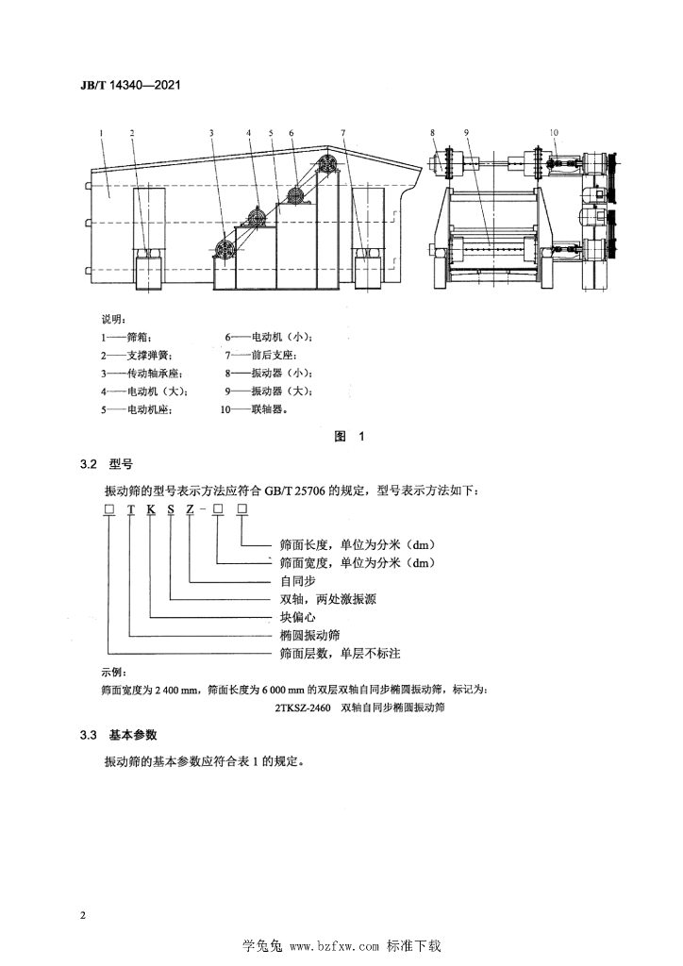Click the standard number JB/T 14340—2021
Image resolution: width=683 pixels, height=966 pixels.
130,84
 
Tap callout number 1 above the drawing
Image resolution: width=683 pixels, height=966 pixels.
101,132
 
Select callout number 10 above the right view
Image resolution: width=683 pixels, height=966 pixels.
554,132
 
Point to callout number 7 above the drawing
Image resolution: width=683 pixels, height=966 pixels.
343,132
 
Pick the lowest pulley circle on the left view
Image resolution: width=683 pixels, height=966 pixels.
223,249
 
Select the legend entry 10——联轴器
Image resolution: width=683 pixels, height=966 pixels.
255,409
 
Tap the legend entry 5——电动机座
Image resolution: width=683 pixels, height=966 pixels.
137,409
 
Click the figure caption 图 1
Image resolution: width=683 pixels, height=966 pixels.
349,436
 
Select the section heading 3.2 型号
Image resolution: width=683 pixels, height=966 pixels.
106,464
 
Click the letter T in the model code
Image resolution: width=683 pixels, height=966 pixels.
130,508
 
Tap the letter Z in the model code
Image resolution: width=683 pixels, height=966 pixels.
191,508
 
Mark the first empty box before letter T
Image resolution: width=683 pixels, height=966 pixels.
109,508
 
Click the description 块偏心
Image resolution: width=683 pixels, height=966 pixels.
297,617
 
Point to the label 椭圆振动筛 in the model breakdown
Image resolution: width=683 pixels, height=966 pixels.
309,635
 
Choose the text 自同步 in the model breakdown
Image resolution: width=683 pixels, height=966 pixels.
297,580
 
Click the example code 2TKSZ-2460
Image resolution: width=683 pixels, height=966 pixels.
303,708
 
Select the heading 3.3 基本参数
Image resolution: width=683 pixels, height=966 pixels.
118,735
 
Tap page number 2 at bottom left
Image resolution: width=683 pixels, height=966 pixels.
83,915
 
